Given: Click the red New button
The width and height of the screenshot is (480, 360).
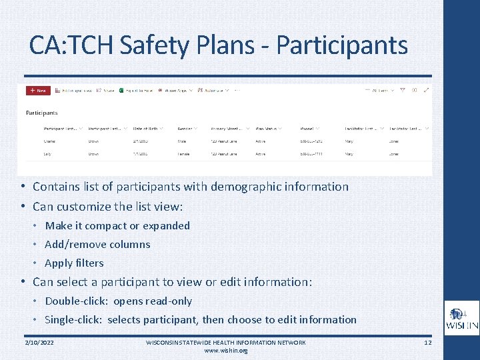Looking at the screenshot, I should [38, 90].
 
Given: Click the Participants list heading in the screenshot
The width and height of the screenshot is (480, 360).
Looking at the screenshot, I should [41, 113].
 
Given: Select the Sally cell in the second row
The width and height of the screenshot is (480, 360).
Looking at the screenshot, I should [49, 154].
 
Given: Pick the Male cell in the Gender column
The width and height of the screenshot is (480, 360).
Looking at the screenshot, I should [182, 141].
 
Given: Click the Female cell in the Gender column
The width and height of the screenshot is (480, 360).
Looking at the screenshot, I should [183, 154].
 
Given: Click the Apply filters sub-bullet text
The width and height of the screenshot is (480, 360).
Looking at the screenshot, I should [74, 263].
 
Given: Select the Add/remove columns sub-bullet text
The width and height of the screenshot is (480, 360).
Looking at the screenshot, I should [97, 244].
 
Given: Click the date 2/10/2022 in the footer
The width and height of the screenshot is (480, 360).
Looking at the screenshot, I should [39, 342].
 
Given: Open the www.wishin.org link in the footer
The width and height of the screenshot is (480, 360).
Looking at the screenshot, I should [225, 350].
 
